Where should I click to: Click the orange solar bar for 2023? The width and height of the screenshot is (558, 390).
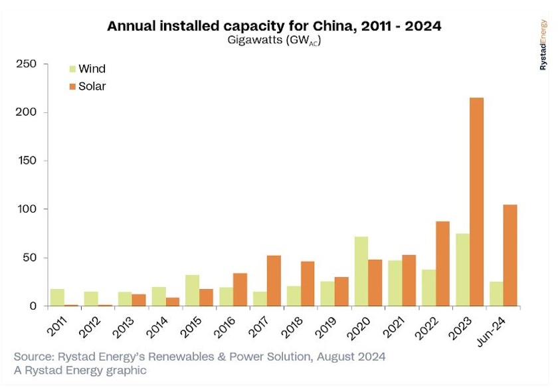click(x=476, y=202)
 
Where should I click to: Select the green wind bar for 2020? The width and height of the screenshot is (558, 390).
click(x=362, y=271)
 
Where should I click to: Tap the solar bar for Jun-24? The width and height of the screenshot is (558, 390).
click(x=510, y=255)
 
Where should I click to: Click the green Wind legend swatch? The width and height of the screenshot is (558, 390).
click(x=72, y=69)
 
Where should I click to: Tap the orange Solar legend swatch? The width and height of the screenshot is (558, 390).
click(x=72, y=86)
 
